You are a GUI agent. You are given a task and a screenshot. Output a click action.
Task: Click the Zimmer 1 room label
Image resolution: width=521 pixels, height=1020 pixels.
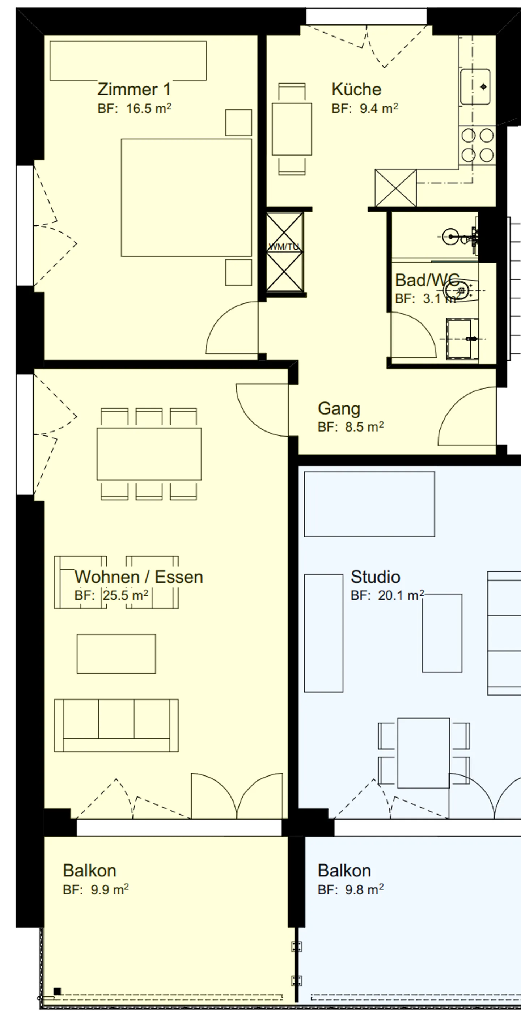(x=134, y=89)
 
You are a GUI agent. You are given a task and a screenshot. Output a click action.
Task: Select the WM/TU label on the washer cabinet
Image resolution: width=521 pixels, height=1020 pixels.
(x=284, y=247)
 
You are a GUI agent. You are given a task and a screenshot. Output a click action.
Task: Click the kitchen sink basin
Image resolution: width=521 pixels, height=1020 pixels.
(x=475, y=87)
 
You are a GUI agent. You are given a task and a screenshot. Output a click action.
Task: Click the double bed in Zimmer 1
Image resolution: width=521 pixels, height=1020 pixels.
(x=186, y=197)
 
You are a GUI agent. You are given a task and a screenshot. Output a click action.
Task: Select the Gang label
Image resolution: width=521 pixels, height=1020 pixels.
(x=339, y=409)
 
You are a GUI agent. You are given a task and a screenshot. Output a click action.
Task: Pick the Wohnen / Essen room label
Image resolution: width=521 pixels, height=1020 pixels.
(x=139, y=577)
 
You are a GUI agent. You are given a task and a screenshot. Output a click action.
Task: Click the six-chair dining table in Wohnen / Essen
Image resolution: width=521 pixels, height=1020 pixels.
(x=149, y=454)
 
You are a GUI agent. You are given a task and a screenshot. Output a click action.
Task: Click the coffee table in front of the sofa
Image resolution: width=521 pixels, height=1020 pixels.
(x=116, y=654)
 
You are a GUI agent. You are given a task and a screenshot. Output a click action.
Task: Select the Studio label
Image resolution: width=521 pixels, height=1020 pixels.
(x=375, y=577)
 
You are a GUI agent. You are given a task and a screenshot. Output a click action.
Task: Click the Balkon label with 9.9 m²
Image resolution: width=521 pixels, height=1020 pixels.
(x=89, y=871)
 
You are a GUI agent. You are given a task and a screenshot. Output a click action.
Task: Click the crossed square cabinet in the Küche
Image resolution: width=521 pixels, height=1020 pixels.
(x=395, y=188)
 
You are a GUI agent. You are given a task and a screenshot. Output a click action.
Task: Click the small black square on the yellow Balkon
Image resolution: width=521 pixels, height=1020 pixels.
(x=57, y=991)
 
